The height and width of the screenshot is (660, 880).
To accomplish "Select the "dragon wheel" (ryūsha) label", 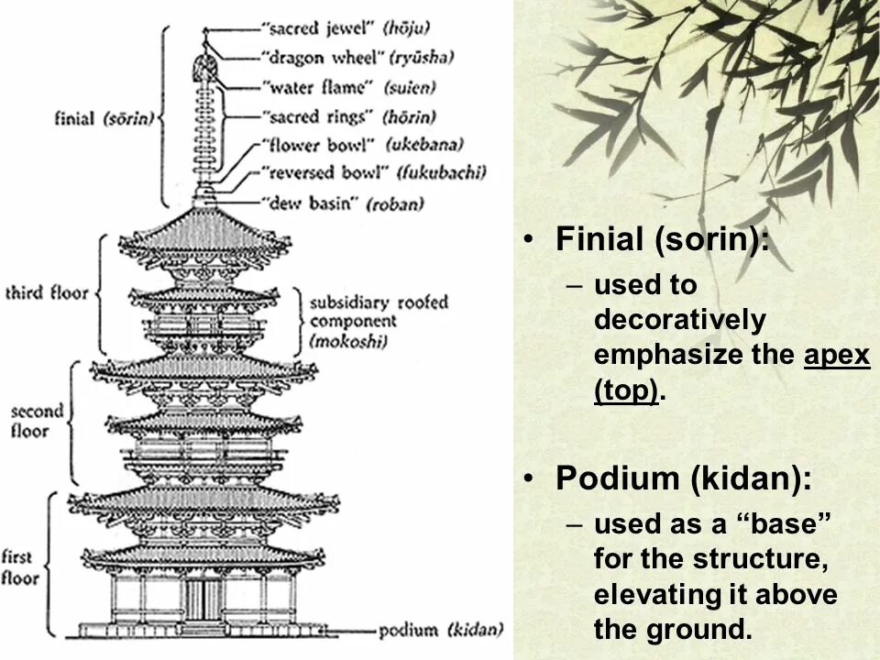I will [357, 58].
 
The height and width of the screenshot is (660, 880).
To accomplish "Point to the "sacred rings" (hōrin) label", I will [347, 116].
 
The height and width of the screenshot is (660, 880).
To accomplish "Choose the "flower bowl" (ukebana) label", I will [358, 144].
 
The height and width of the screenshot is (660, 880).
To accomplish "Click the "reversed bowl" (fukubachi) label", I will [371, 171].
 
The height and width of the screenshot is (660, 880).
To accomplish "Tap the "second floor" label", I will [37, 421].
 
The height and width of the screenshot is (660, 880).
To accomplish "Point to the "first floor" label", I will [20, 566].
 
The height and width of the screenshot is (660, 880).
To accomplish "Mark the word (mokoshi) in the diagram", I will [348, 341].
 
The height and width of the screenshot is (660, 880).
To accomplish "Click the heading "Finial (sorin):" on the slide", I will [662, 240].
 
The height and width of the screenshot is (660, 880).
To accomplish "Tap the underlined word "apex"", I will [837, 355].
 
